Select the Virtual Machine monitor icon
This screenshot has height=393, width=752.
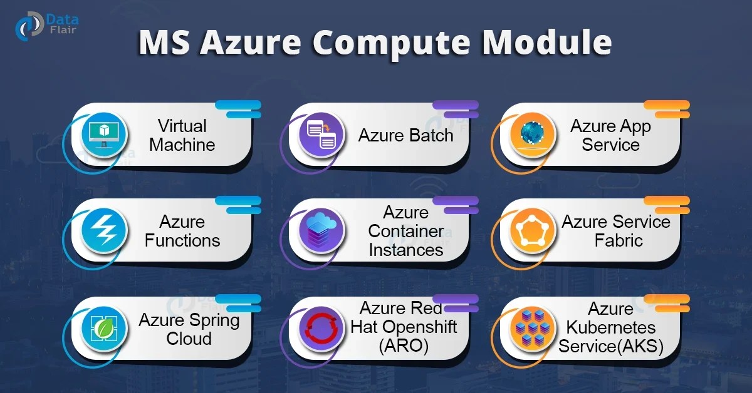[x=104, y=135]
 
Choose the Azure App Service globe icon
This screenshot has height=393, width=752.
[x=532, y=135]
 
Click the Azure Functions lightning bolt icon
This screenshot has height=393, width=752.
[x=104, y=231]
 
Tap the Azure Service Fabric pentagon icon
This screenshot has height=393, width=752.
[x=532, y=231]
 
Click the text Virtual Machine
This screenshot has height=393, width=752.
[x=182, y=135]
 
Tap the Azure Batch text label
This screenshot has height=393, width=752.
[x=405, y=135]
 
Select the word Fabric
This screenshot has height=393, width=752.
[x=619, y=240]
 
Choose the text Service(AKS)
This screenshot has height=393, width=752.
[x=610, y=345]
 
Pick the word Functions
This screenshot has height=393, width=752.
[x=182, y=240]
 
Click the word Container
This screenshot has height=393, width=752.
[x=406, y=231]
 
